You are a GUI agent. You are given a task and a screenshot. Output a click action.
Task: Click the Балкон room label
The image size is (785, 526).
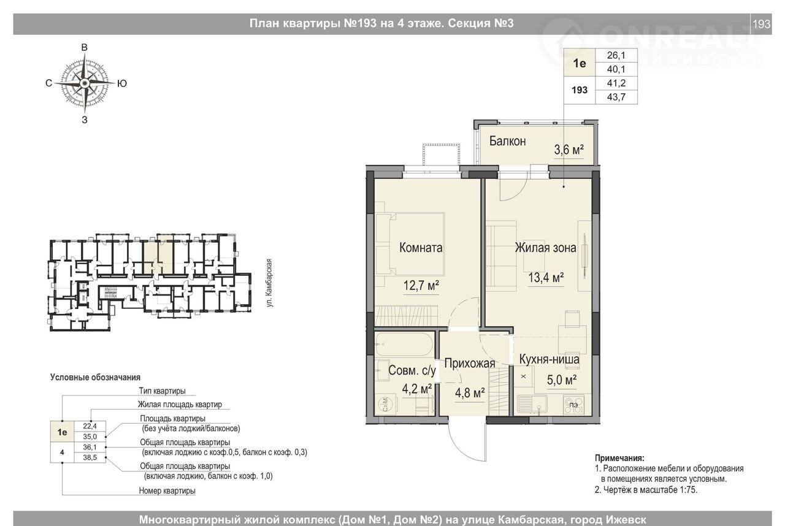(507, 141)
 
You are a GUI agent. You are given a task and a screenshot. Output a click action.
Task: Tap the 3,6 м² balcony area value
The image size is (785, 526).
(569, 150)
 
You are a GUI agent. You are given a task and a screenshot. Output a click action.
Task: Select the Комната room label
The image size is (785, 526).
(421, 248)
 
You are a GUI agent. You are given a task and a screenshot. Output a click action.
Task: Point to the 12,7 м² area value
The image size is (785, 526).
(421, 286)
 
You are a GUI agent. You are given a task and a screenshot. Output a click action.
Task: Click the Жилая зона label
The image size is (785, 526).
(545, 248)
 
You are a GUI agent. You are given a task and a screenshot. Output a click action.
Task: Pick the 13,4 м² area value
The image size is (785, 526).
(546, 278)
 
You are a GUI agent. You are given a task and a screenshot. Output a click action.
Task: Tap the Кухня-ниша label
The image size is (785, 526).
(549, 359)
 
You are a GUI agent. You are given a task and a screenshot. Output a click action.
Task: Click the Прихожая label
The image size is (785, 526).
(470, 363)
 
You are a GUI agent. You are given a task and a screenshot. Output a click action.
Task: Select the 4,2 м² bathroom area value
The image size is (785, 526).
(416, 389)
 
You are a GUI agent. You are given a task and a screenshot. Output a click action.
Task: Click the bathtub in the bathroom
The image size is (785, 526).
(404, 345)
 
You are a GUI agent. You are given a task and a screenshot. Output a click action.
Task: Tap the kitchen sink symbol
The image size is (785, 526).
(532, 405)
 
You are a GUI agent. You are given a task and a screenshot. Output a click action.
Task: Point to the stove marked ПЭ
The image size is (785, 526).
(573, 405)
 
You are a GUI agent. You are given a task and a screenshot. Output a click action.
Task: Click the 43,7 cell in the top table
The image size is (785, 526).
(616, 97)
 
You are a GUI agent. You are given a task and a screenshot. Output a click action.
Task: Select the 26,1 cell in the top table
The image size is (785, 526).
(616, 55)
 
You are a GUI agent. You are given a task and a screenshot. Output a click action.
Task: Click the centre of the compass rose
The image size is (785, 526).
(84, 83)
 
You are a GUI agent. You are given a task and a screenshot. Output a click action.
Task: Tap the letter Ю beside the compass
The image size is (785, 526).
(121, 83)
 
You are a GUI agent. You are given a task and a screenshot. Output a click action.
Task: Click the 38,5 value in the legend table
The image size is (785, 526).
(90, 457)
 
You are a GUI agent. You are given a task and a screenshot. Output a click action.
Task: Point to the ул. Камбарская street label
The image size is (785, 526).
(269, 283)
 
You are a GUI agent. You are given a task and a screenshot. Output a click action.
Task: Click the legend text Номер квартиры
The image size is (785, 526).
(167, 490)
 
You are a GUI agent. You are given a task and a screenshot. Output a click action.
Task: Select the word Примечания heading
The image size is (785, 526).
(619, 458)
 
